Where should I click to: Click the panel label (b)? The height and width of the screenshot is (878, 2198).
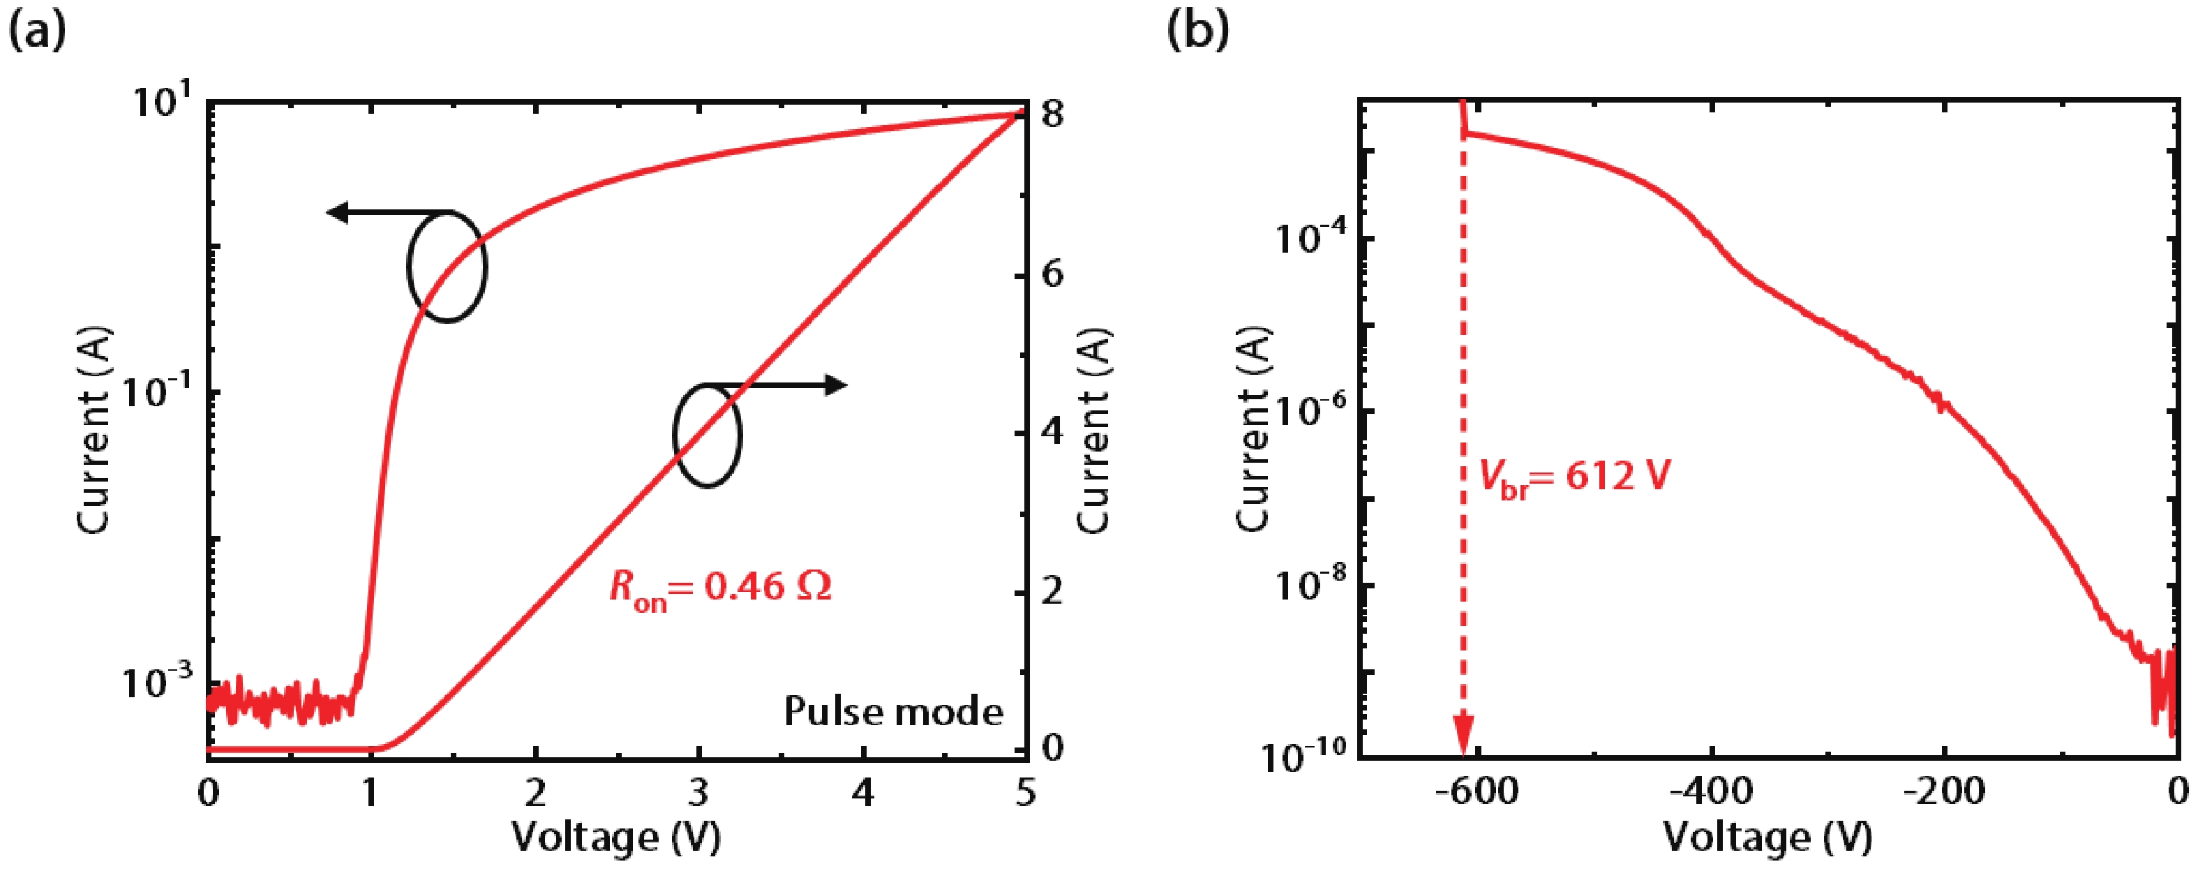(1198, 32)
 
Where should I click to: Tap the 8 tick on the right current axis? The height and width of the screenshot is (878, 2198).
(1052, 114)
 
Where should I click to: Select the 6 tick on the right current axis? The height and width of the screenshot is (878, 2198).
(1052, 275)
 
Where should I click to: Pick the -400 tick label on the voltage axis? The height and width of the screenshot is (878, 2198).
(1711, 792)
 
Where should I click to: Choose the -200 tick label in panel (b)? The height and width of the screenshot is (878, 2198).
(1944, 792)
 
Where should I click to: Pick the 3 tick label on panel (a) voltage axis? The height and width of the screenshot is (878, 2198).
(698, 794)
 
